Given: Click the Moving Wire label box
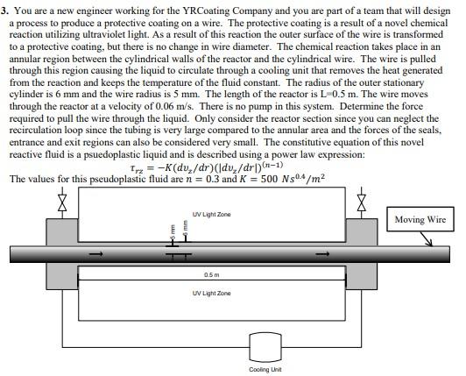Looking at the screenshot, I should pos(420,220).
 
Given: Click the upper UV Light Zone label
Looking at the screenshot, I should pos(211,214).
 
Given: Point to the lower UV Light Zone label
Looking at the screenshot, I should pos(211,293).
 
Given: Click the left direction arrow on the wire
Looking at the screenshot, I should pos(99,256).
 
